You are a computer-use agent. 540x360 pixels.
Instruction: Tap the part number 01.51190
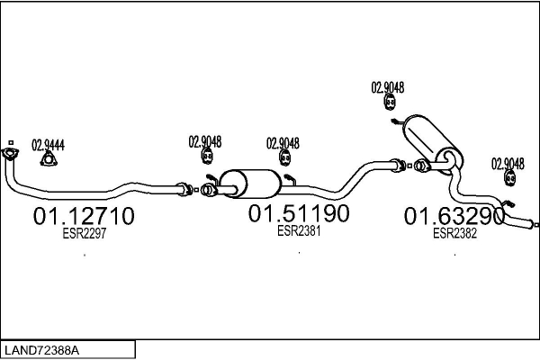click(299, 214)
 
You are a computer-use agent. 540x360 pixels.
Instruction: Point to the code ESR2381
click(299, 230)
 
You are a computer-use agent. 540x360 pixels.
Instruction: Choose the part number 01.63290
click(454, 217)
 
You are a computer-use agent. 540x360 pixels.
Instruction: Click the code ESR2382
click(454, 233)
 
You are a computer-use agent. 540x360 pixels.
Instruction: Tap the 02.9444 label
click(49, 144)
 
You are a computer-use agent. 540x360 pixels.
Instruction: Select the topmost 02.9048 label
click(388, 88)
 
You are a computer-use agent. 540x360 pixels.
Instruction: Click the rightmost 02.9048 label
click(508, 163)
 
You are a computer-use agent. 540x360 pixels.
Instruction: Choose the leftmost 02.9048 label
click(205, 141)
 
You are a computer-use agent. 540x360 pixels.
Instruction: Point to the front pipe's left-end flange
click(11, 157)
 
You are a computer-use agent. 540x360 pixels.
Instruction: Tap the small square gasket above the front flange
click(10, 143)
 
